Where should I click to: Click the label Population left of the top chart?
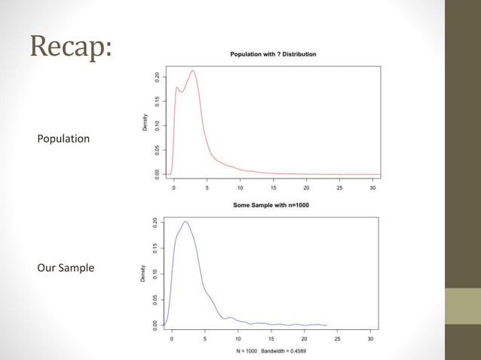click(x=63, y=139)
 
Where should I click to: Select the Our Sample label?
click(x=66, y=268)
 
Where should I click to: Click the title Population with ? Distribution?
click(x=273, y=54)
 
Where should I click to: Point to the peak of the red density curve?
click(x=193, y=71)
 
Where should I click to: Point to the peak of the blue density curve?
click(x=185, y=221)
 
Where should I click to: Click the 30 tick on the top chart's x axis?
click(x=372, y=188)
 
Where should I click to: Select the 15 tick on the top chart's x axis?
click(x=273, y=188)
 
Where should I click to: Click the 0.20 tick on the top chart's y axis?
click(x=156, y=76)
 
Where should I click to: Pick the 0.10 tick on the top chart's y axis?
click(x=156, y=124)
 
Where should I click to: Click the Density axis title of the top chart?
click(x=145, y=124)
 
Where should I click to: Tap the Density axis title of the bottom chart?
click(x=143, y=273)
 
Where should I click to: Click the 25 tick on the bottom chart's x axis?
click(x=337, y=339)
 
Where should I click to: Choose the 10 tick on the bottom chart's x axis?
click(x=238, y=339)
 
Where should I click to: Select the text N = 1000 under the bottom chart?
click(x=246, y=352)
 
